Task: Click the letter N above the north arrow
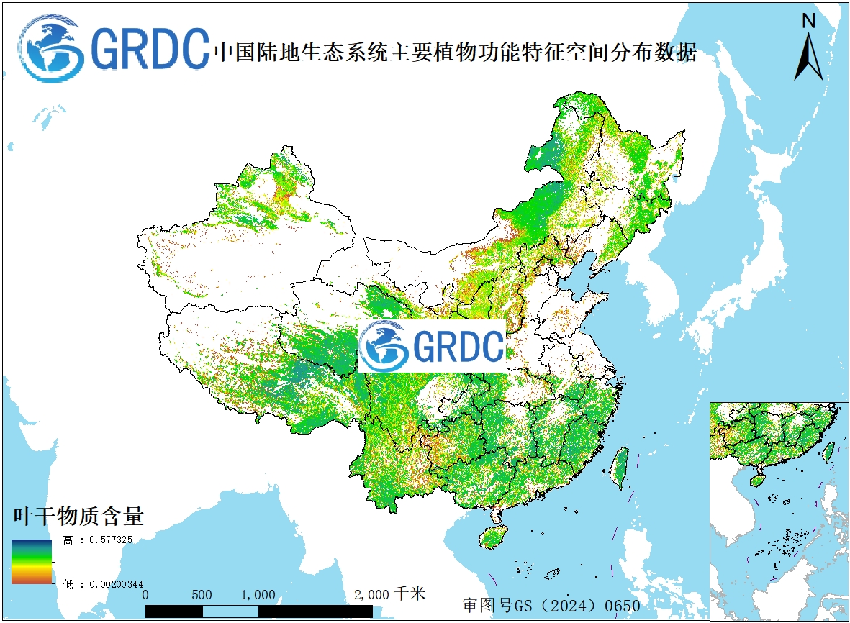(x=808, y=21)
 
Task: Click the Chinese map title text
(x=455, y=53)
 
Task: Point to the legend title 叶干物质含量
(x=78, y=516)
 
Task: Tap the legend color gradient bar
(x=31, y=561)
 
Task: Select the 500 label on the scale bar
(x=202, y=595)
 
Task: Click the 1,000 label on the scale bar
(x=258, y=595)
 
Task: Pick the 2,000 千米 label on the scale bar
(x=389, y=594)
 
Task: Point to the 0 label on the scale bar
(x=146, y=595)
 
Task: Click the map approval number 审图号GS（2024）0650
(x=551, y=606)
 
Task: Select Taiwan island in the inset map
(x=828, y=451)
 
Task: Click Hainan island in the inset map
(x=756, y=480)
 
